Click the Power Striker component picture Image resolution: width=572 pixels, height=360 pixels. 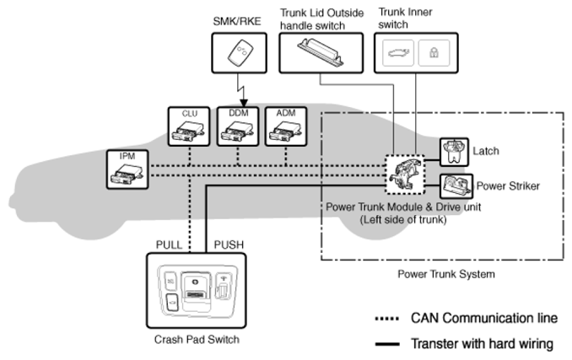(x=456, y=185)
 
